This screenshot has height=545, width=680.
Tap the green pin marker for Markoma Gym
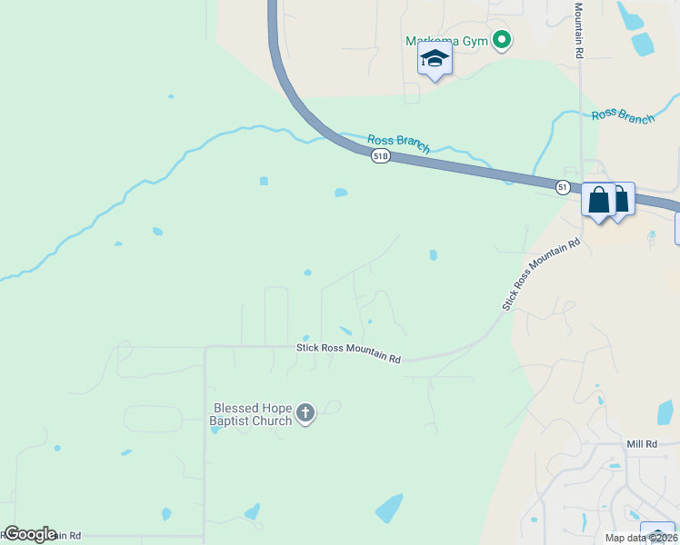[501, 40]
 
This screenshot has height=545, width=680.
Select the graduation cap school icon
[435, 60]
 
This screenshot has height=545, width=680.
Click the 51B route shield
[380, 156]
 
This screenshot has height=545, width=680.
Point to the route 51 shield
[564, 186]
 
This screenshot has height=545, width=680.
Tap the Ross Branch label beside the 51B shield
[398, 143]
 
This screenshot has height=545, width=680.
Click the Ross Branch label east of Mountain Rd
[623, 115]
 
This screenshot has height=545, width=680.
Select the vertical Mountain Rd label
[578, 30]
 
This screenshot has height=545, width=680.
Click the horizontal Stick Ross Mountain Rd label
[348, 353]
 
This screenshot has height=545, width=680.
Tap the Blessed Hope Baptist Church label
[252, 414]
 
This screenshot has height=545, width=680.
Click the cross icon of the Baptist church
[305, 414]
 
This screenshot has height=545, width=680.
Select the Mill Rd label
[642, 444]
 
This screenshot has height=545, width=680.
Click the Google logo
[29, 534]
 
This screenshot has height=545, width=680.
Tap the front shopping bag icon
[600, 200]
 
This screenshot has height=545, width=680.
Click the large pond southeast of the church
[389, 508]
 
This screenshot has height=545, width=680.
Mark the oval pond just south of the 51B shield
[341, 192]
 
